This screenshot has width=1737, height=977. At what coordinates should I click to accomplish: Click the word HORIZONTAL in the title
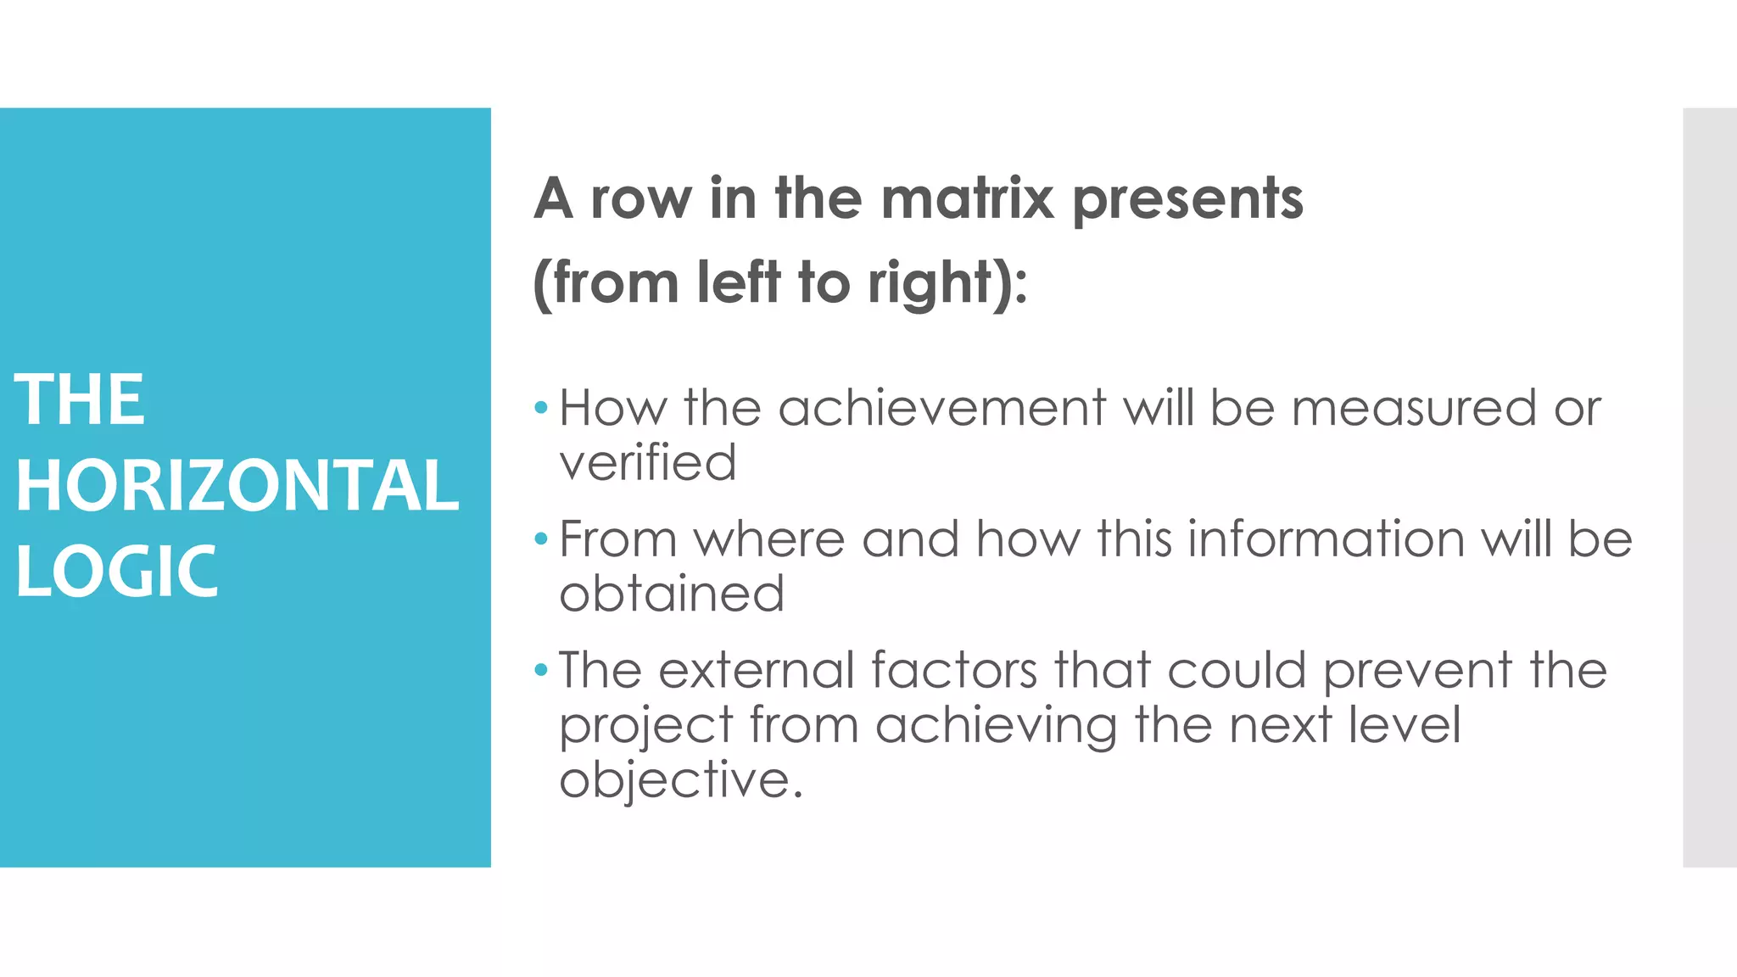point(237,485)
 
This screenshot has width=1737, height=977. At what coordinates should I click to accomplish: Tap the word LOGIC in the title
point(116,571)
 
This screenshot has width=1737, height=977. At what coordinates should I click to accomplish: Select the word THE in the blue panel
point(80,399)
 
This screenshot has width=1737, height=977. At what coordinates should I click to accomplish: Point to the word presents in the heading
point(1187,200)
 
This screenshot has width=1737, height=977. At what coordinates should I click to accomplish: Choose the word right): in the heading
point(947,283)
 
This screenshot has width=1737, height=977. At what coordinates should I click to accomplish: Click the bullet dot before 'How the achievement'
point(541,409)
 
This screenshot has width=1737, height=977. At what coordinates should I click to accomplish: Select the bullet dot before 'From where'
point(541,539)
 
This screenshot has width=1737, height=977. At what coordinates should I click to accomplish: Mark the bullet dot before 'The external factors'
point(541,671)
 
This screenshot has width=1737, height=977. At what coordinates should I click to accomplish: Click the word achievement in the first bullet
point(941,408)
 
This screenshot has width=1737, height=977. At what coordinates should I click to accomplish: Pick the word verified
point(647,462)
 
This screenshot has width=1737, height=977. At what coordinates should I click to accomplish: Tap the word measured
point(1413,408)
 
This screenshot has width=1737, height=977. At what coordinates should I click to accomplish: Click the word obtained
point(671,594)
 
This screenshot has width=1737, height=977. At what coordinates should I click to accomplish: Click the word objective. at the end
point(680,780)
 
